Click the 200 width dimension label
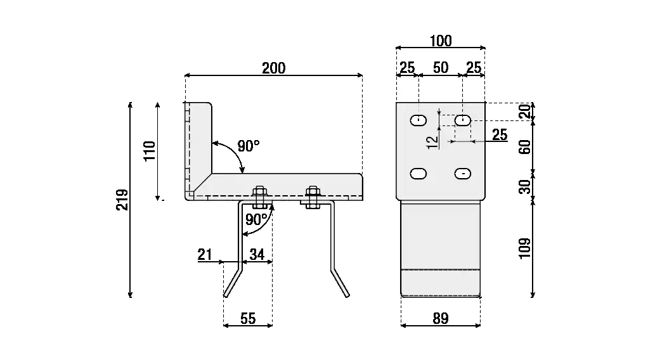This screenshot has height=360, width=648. tap(274, 68)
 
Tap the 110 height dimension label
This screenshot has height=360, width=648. tap(150, 151)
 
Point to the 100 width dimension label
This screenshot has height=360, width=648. tap(440, 41)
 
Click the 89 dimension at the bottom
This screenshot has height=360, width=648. tap(440, 318)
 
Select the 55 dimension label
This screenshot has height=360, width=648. tap(248, 318)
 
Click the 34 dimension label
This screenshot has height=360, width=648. tap(257, 255)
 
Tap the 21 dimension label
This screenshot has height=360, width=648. tap(204, 255)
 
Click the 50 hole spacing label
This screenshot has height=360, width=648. tap(440, 68)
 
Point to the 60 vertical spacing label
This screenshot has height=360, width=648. tap(524, 148)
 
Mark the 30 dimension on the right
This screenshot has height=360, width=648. tap(524, 187)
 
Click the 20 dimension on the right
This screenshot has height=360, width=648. tap(524, 112)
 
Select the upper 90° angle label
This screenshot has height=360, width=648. tap(248, 146)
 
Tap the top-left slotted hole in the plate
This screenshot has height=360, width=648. tap(418, 120)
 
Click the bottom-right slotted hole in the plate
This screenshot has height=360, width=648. tap(463, 173)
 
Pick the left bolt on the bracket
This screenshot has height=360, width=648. tap(259, 197)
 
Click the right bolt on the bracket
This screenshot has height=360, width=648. tap(311, 197)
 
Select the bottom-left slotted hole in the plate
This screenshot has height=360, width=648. tap(418, 173)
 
